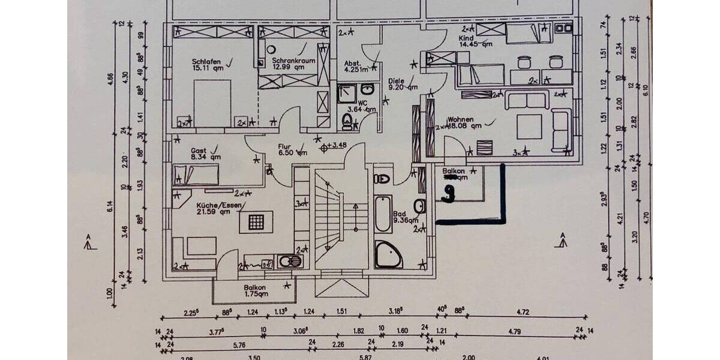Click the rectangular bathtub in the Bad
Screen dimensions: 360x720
tap(383, 214)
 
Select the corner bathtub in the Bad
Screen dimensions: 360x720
tap(388, 254)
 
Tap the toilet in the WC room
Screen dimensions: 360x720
tap(347, 122)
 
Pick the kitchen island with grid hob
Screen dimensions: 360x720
tap(256, 221)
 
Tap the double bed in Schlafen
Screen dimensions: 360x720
tap(212, 103)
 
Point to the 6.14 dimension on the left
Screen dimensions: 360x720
tap(110, 208)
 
